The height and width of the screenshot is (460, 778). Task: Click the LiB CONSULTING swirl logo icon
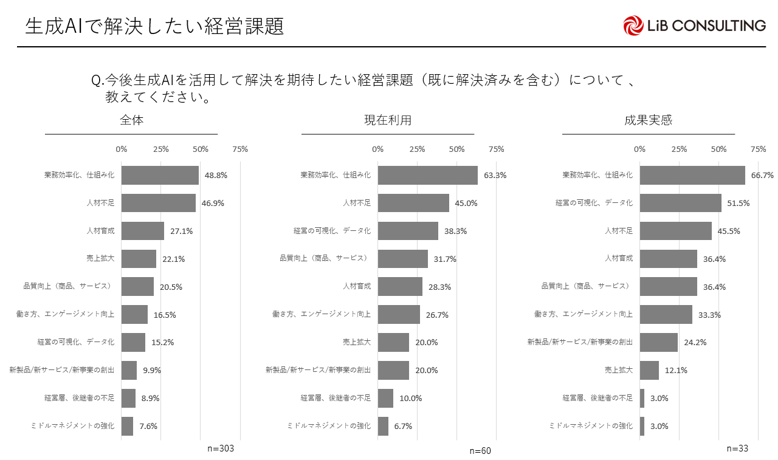tap(633, 26)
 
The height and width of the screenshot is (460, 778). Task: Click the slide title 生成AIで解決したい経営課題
tap(155, 26)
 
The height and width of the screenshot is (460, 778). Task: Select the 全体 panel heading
tap(131, 120)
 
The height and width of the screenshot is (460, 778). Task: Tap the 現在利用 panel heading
tap(388, 120)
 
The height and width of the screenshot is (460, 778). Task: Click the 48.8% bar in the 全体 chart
tap(160, 175)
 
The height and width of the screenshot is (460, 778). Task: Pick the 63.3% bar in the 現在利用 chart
tap(427, 175)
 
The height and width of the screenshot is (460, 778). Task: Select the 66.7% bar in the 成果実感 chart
tap(692, 175)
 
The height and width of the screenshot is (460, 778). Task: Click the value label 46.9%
tap(213, 204)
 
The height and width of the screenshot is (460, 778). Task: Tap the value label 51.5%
tap(739, 204)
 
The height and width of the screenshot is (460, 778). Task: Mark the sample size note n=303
tap(221, 448)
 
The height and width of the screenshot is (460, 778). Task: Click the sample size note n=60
tap(480, 451)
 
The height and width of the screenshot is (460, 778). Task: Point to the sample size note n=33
tap(738, 448)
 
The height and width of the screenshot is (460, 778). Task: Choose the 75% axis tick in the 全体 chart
tap(240, 149)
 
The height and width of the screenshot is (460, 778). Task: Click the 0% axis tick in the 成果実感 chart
tap(640, 149)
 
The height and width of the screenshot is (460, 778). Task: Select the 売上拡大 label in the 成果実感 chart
tap(619, 370)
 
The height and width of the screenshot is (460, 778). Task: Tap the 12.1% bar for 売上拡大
tap(649, 370)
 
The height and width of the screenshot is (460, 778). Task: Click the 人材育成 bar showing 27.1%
tap(143, 231)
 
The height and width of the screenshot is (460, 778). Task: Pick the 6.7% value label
tap(403, 427)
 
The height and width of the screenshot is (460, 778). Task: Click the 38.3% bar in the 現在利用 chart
tap(408, 231)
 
